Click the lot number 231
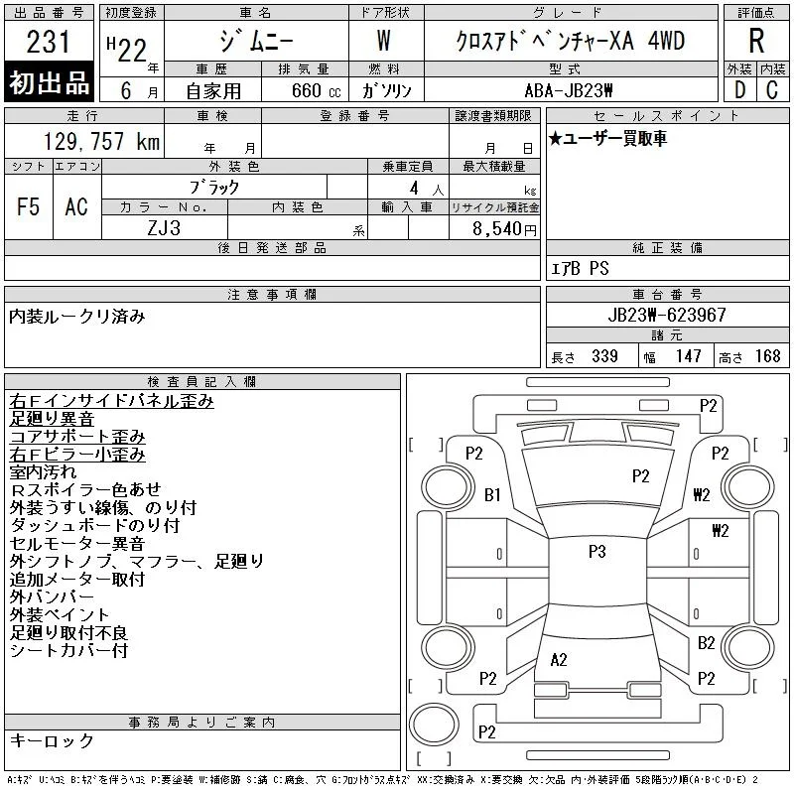tap(48, 41)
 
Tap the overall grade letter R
tap(756, 41)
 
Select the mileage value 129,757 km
tap(101, 141)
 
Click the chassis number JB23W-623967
tap(667, 315)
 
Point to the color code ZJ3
tap(164, 228)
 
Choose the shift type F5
tap(28, 206)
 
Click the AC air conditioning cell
tap(76, 206)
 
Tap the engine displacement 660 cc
tap(316, 90)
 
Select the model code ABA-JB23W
tap(569, 90)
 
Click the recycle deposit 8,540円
tap(504, 228)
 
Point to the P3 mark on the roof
tap(597, 551)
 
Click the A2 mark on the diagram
tap(559, 659)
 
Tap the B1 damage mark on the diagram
tap(492, 494)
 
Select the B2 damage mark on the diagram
tap(706, 642)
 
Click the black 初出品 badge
tap(49, 81)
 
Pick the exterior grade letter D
tap(739, 90)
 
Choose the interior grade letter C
tap(772, 90)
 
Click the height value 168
tap(767, 356)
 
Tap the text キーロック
tap(52, 740)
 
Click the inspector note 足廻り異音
tap(52, 418)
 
